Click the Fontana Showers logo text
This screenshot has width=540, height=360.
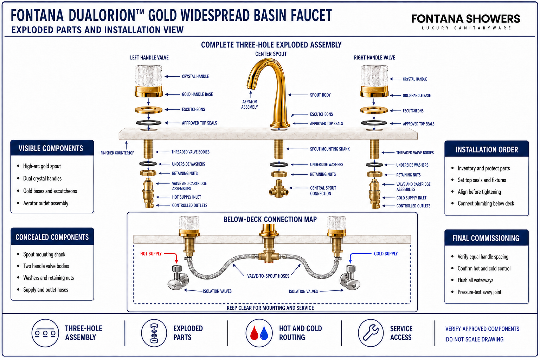tap(465, 19)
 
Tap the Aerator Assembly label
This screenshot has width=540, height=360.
tap(250, 104)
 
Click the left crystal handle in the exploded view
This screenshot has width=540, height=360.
tap(148, 76)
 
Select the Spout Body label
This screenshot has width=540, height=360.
tap(320, 95)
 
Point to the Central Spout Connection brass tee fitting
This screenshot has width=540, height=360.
tap(279, 189)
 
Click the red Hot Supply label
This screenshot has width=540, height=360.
tap(151, 254)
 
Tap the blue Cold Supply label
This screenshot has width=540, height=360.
tap(386, 254)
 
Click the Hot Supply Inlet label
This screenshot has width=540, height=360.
tap(186, 197)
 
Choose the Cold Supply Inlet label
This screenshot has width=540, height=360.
tap(411, 198)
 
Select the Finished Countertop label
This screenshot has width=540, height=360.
tap(117, 153)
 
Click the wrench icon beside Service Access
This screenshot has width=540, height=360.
tap(371, 333)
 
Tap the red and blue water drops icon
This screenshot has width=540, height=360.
tap(259, 333)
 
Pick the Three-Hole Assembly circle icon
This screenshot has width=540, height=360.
tap(45, 333)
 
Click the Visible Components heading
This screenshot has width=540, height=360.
tap(51, 148)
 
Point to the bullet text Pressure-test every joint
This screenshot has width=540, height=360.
tap(479, 292)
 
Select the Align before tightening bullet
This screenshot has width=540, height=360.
tap(479, 192)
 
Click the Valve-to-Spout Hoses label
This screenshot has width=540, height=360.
tap(268, 276)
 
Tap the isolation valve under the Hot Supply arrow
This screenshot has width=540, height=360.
tap(178, 277)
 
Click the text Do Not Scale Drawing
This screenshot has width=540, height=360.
tap(474, 339)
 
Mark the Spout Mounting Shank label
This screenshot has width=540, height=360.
tap(329, 149)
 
